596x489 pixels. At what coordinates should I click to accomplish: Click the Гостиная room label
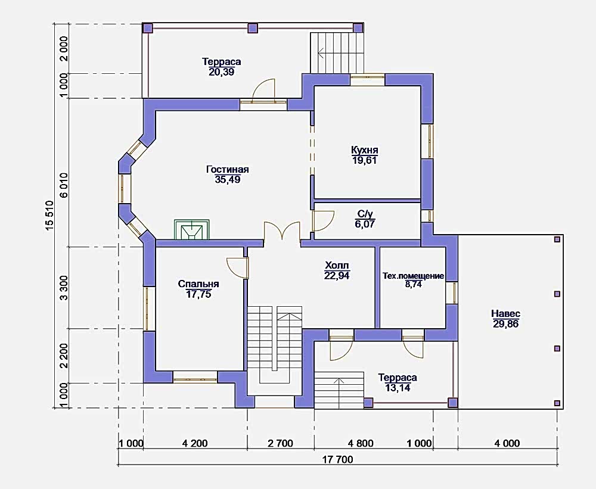tap(227, 170)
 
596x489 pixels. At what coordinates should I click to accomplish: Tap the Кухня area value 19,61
tap(364, 160)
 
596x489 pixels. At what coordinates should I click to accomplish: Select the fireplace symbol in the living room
tap(191, 229)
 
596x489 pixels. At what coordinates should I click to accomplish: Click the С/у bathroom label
tap(365, 214)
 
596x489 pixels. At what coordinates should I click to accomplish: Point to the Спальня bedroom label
tap(198, 284)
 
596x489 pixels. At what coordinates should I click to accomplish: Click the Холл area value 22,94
tap(337, 275)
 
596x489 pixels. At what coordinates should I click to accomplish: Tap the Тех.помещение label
tap(413, 276)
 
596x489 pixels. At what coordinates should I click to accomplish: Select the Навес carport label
tap(505, 314)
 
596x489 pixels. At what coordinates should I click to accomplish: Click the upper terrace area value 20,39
tap(221, 72)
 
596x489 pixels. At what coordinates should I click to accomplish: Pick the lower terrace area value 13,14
tap(397, 388)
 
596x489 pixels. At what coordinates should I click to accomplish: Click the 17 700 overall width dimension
tap(337, 460)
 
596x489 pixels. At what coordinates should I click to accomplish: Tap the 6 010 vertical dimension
tap(64, 185)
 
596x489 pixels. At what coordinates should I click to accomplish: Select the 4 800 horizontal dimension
tap(361, 443)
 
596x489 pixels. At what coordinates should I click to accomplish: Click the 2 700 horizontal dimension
tap(280, 443)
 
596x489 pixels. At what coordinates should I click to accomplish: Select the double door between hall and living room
tap(282, 231)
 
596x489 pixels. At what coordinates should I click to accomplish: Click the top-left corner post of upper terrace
tap(147, 28)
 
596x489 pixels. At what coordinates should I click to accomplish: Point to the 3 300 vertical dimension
tap(64, 288)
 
